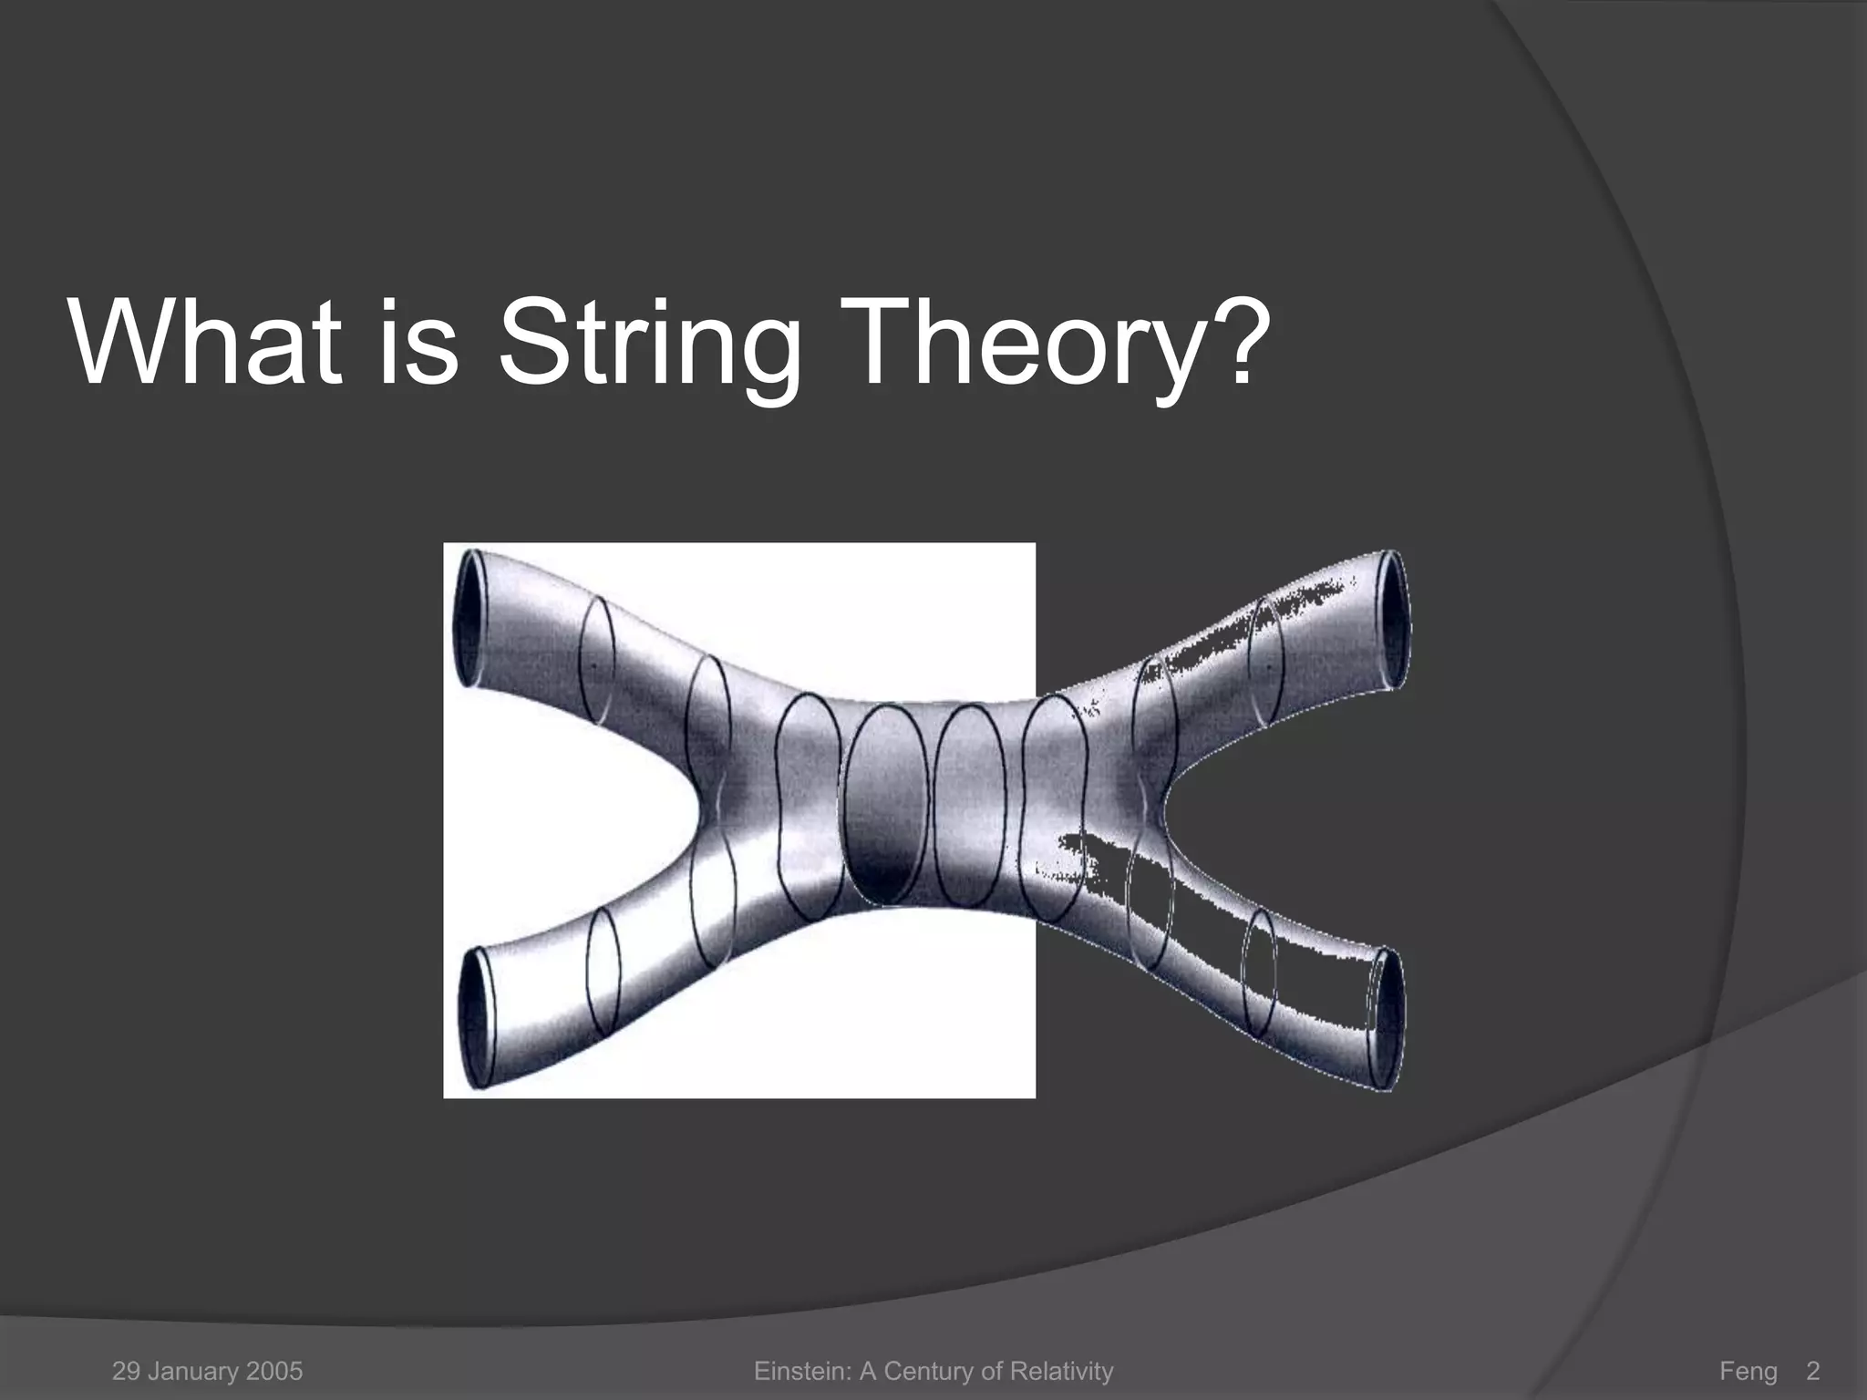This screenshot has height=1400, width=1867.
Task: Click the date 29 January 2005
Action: coord(207,1371)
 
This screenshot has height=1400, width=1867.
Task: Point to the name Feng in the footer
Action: coord(1748,1371)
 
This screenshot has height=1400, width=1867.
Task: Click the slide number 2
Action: coord(1812,1371)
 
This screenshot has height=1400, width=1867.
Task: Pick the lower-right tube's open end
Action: coord(1387,1018)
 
